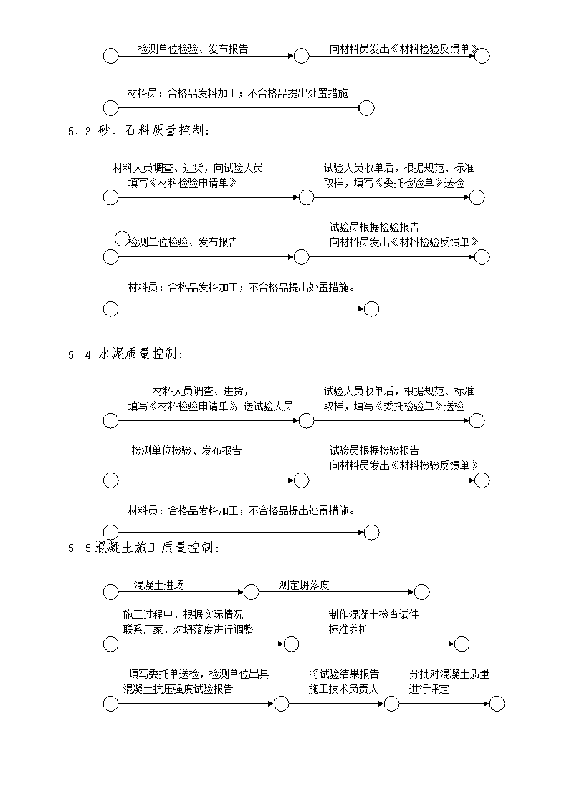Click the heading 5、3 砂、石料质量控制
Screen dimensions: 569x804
138,131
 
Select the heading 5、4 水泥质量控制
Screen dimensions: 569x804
125,354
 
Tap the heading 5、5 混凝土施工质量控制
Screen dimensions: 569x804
144,548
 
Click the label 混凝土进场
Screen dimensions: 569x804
158,585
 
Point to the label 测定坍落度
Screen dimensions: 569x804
304,585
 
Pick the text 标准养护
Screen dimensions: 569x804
348,629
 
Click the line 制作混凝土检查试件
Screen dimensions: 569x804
373,614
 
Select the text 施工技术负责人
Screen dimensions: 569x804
343,689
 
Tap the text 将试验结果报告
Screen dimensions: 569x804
344,674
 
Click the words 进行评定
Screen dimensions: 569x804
429,689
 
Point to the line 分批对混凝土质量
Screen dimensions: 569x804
449,674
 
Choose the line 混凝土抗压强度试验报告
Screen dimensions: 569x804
178,689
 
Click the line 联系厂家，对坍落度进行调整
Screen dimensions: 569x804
188,629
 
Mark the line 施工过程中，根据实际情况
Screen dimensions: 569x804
183,614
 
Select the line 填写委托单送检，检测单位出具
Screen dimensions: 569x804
199,674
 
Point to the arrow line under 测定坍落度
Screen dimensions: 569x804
336,592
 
